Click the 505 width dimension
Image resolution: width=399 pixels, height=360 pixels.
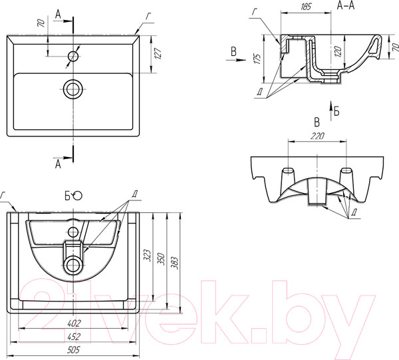74,349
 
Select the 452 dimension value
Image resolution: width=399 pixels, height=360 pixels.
74,337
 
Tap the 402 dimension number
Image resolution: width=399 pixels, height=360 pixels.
74,323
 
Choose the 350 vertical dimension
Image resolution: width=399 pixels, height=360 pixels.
162,259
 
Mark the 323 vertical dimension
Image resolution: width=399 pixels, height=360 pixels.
148,255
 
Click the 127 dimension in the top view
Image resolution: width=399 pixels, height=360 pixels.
158,53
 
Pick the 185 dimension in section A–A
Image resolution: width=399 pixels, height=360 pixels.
306,7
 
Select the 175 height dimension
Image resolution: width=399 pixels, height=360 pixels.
257,59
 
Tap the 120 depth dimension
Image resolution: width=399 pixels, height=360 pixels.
338,52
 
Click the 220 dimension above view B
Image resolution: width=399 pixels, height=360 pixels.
317,136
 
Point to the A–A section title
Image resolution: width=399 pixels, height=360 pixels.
346,5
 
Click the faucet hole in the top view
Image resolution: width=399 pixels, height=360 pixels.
73,56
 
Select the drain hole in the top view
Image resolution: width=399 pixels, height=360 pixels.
73,89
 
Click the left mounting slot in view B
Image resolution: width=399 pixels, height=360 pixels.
289,170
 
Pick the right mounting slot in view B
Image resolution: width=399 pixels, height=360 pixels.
346,170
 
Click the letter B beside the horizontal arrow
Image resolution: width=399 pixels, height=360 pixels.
233,52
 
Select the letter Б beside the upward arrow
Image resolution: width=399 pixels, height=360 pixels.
336,111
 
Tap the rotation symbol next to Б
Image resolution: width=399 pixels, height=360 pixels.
77,196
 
